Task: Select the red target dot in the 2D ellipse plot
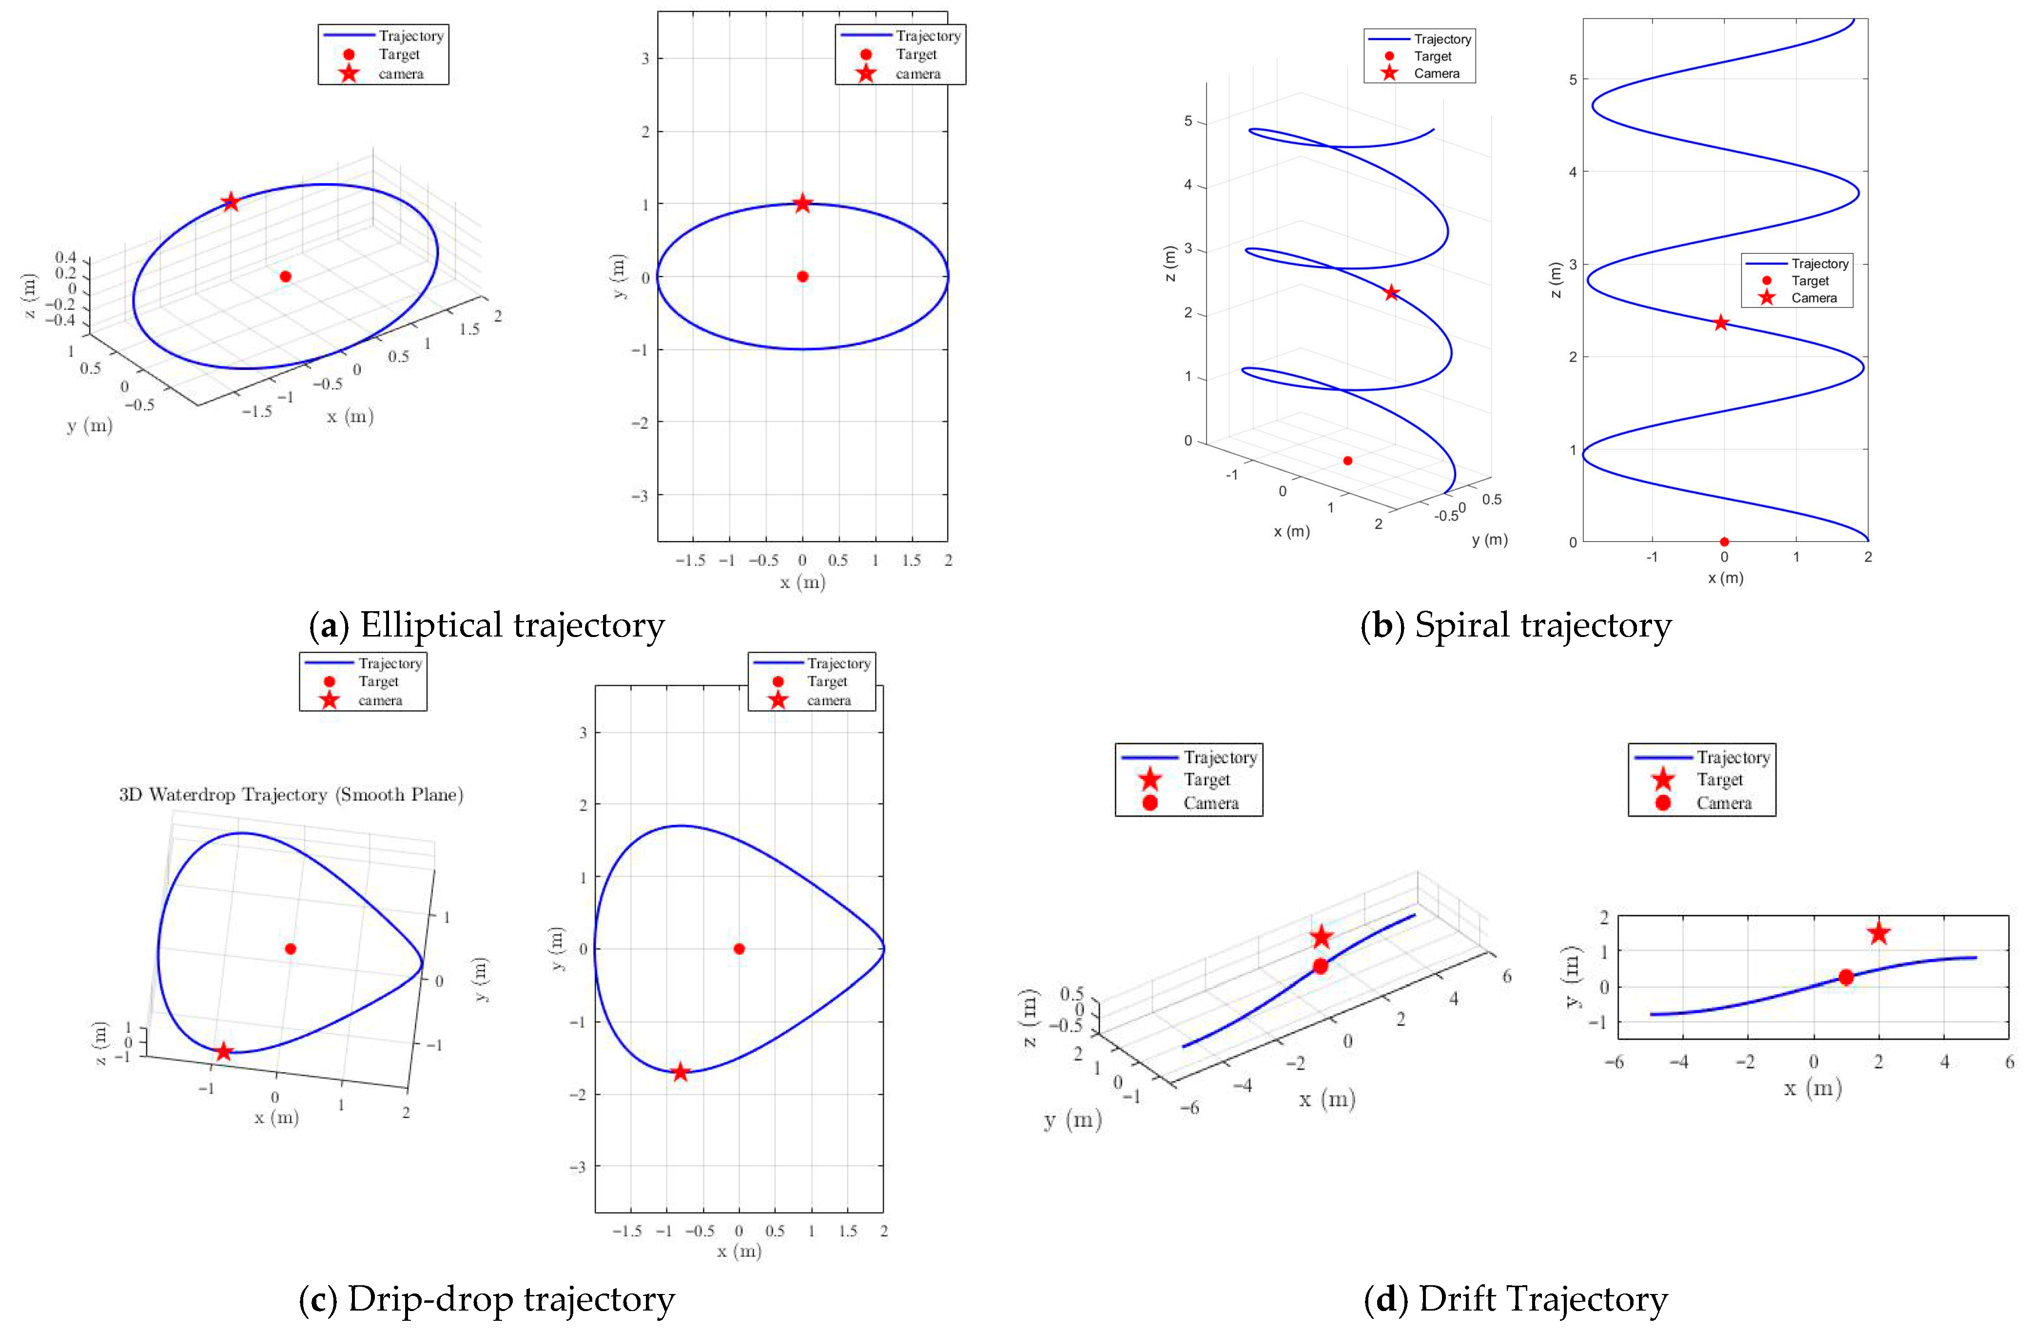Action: [x=802, y=276]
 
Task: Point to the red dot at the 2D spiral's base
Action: [x=1724, y=541]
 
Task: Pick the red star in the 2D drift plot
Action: [x=1879, y=933]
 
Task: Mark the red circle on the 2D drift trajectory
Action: [x=1846, y=978]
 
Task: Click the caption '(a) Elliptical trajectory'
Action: [x=487, y=626]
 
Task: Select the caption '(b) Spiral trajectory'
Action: [x=1516, y=626]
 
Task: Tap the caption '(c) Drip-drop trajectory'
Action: [x=487, y=1299]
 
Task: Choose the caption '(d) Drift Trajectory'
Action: [x=1516, y=1299]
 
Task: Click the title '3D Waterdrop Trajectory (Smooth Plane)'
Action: [x=291, y=795]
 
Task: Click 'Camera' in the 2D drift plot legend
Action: [x=1724, y=803]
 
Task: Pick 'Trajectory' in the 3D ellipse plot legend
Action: [x=411, y=36]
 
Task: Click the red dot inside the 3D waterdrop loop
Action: [x=290, y=948]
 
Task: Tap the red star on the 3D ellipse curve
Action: [x=231, y=202]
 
